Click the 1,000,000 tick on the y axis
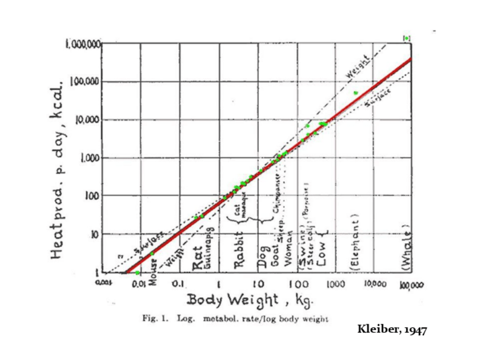pos(84,44)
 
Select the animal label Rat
pos(198,260)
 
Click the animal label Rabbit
pos(240,258)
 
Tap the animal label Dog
pos(263,262)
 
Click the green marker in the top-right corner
pos(406,38)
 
